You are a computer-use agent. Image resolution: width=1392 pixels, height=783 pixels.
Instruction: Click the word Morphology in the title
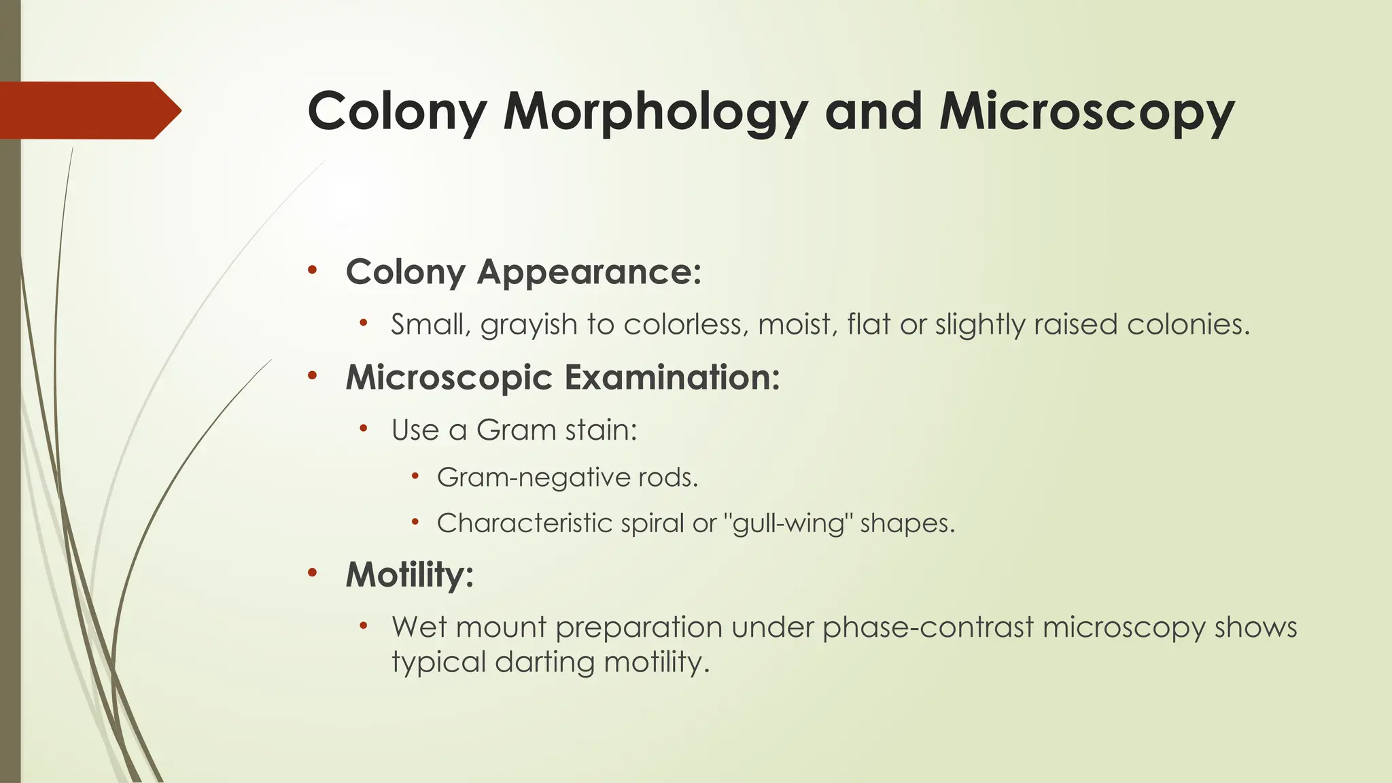(655, 112)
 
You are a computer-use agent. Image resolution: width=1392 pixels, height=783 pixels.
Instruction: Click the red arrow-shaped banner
(88, 110)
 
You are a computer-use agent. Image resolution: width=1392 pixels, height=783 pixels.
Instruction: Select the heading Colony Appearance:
(523, 272)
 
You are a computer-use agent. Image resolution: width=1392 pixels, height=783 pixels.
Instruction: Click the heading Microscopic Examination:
(563, 377)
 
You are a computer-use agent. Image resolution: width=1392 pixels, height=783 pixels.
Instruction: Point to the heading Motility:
(409, 574)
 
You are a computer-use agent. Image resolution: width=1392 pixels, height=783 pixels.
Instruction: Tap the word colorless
(686, 325)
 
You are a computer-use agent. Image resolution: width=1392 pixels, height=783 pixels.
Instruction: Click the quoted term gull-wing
(788, 523)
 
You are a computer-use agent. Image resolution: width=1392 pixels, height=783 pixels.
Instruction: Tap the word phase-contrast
(928, 627)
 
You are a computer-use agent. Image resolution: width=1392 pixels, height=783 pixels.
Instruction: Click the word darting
(544, 662)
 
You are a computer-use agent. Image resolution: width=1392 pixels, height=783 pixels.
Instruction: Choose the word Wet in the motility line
(419, 627)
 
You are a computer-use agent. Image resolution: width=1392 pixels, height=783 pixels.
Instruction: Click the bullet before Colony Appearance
(312, 270)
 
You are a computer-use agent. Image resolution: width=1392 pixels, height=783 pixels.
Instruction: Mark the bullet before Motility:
(312, 572)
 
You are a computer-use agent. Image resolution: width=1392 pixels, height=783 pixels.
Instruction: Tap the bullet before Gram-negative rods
(415, 476)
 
